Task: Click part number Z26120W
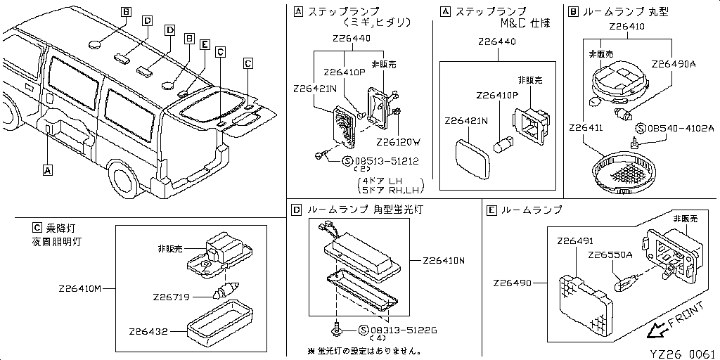398,141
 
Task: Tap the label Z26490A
673,63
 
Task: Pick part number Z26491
574,241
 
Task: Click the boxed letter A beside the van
47,169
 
